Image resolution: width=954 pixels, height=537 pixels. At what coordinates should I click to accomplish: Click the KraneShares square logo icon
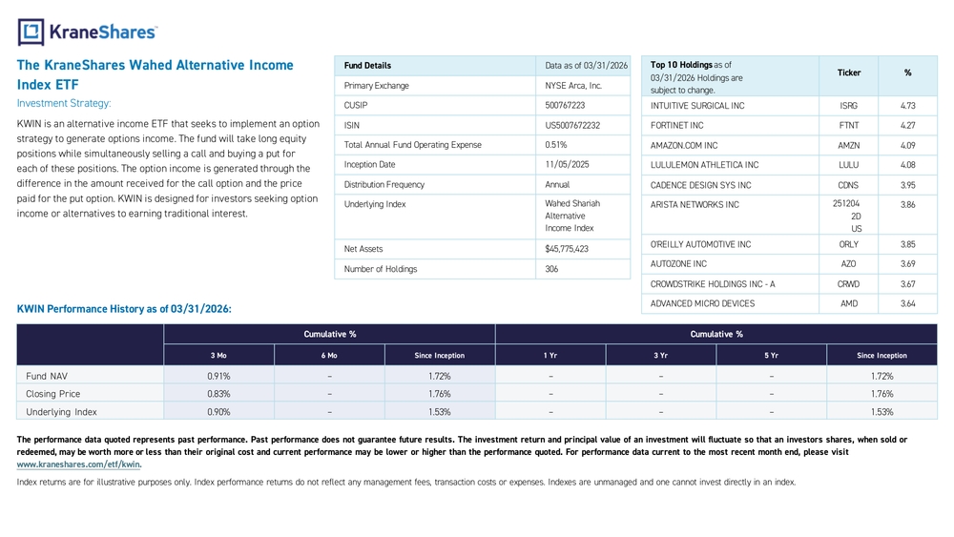click(31, 32)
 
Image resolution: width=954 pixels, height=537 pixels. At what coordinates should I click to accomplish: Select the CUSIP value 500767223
click(565, 105)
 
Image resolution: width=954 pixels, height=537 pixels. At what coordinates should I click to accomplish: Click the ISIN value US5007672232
click(571, 125)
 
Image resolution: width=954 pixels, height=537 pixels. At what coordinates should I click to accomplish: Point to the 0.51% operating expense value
click(555, 145)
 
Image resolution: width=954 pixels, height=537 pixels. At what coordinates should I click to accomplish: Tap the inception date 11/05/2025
click(567, 164)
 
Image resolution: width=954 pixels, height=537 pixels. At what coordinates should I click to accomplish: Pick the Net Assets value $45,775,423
click(567, 249)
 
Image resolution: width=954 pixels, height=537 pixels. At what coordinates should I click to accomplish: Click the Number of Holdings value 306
click(551, 269)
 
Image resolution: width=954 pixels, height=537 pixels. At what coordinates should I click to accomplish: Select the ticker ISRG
click(848, 106)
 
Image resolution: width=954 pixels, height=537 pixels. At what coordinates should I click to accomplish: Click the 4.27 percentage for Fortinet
click(907, 125)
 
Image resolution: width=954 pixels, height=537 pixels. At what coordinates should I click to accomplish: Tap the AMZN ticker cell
click(848, 145)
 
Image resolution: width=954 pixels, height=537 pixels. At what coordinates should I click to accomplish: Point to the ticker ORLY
click(848, 244)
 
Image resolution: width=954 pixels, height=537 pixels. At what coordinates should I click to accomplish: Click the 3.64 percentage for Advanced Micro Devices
click(907, 303)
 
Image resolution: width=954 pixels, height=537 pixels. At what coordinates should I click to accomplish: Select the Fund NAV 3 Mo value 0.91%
click(218, 377)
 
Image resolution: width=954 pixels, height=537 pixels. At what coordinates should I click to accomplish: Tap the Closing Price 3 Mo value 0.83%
click(218, 394)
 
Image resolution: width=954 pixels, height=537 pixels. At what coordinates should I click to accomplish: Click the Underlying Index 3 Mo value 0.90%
click(218, 412)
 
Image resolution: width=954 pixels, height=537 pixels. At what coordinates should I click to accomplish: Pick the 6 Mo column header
click(329, 355)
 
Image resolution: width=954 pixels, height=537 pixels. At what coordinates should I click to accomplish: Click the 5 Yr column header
click(771, 355)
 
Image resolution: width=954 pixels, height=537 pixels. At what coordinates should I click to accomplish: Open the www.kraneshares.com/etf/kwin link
click(79, 465)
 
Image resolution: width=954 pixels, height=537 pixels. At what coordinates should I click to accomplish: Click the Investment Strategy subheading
click(64, 103)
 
